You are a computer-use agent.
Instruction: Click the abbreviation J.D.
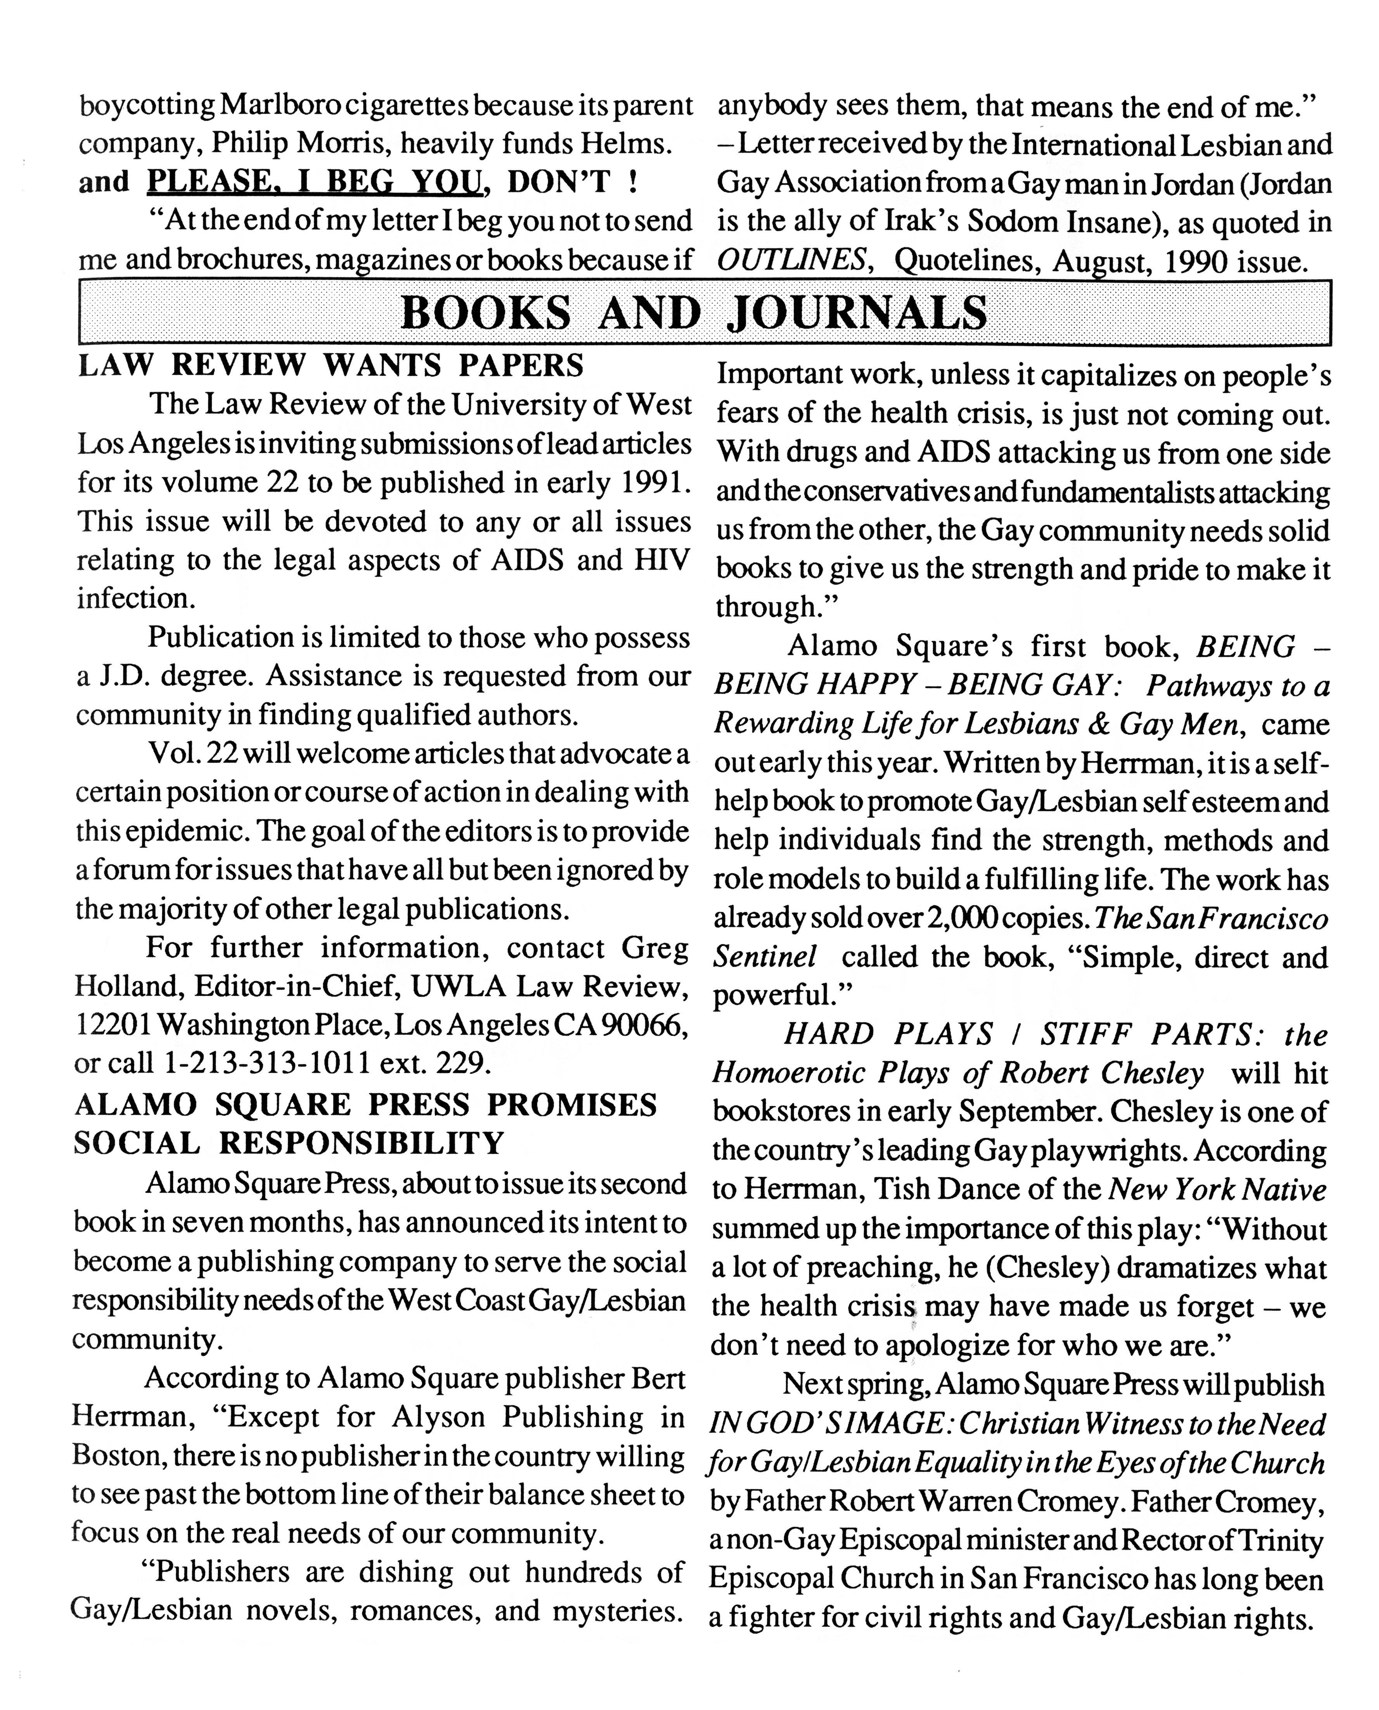tap(123, 676)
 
